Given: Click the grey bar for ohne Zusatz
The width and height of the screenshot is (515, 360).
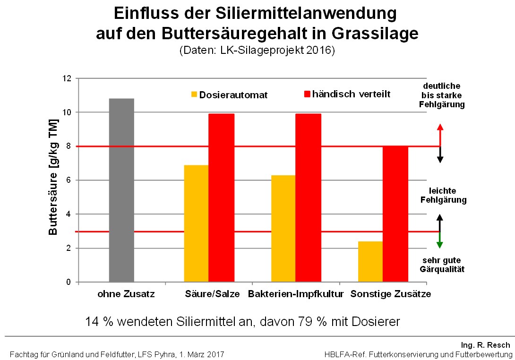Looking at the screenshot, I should (x=121, y=190).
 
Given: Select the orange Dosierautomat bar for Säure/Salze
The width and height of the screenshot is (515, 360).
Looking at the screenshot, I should (x=196, y=223).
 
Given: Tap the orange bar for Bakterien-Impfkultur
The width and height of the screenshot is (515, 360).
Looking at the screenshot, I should (x=283, y=229).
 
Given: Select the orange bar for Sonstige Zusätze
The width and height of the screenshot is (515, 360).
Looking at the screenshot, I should (x=370, y=262).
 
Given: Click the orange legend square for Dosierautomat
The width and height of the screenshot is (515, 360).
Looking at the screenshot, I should (x=194, y=94).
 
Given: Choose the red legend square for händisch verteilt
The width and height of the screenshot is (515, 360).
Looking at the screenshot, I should (x=307, y=94).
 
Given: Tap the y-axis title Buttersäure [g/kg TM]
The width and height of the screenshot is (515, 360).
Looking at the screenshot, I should (x=53, y=180).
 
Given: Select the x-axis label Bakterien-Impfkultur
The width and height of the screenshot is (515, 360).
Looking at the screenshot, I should (x=295, y=294).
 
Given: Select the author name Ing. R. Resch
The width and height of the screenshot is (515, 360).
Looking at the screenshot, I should (x=486, y=345).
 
